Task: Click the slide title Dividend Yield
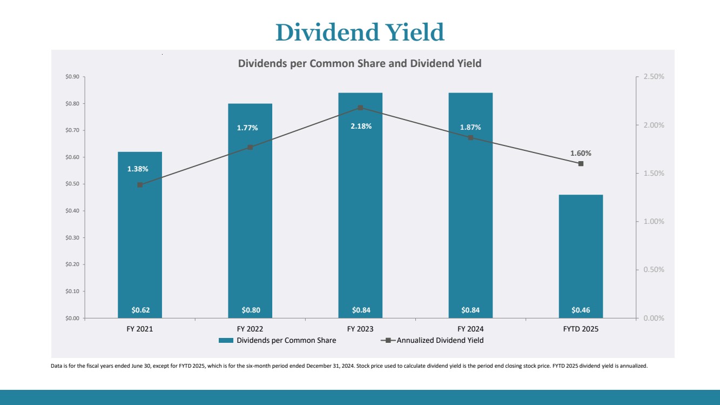360,32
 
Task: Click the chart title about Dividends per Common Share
360,63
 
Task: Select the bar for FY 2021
140,243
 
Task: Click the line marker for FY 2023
360,108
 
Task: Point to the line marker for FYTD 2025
581,163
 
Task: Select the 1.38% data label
138,169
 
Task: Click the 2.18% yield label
360,126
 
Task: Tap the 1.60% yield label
581,153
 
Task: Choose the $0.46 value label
581,310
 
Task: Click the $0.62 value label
140,310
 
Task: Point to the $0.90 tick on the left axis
72,77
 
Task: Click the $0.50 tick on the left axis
72,184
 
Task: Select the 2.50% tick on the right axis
654,77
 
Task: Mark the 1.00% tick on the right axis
654,222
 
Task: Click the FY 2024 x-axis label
470,329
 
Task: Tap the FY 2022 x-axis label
250,329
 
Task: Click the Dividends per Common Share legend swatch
226,341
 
